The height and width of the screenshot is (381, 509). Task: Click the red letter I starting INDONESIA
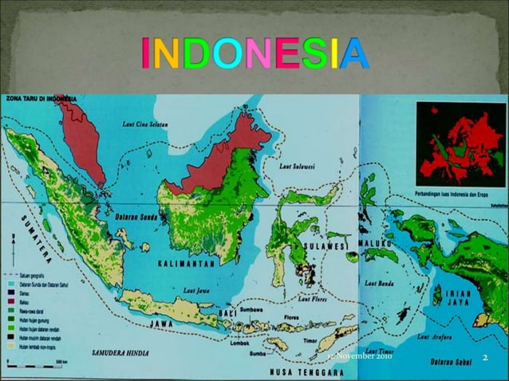[145, 53]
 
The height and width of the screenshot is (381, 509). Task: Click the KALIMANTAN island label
[189, 262]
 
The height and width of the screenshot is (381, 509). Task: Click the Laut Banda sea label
[379, 283]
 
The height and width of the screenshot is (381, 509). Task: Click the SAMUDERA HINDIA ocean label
[124, 351]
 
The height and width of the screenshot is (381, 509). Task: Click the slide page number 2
[484, 356]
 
